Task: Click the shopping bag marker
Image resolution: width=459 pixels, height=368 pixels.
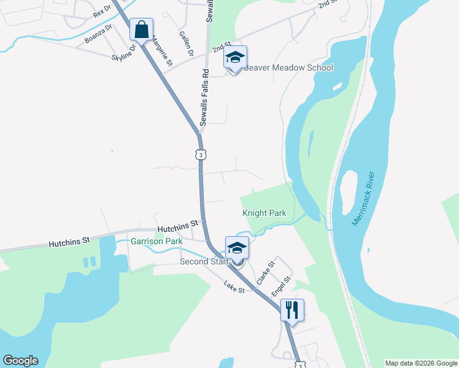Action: [141, 30]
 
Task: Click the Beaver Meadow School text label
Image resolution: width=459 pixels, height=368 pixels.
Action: [288, 68]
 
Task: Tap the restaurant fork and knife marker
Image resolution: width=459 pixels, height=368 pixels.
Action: [292, 310]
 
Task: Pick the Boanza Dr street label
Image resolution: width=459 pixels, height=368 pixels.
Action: [99, 34]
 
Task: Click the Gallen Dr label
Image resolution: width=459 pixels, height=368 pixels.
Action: [187, 44]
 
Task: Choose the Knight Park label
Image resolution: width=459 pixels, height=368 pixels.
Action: [264, 213]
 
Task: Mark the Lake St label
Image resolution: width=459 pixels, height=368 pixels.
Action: [234, 286]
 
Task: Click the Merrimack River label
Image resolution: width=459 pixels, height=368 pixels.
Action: [366, 202]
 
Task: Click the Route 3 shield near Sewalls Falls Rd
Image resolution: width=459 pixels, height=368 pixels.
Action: [201, 155]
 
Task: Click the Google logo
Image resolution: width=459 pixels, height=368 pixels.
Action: [20, 361]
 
